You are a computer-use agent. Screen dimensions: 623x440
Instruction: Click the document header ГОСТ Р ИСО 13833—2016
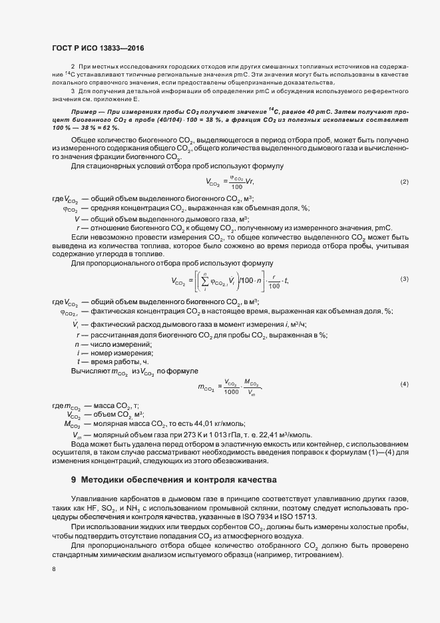(x=97, y=48)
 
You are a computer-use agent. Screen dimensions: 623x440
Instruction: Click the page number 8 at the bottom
(x=53, y=569)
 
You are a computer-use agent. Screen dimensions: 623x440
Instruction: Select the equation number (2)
(x=404, y=182)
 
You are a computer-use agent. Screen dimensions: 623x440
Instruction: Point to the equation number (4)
(x=404, y=385)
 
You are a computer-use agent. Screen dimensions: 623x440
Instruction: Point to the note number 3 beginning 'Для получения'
(x=73, y=89)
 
